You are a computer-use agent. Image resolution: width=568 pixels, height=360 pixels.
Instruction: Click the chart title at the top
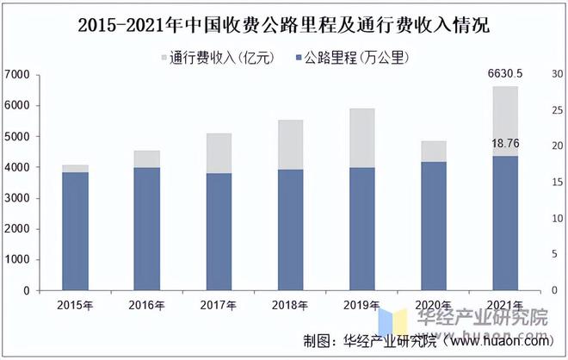pyautogui.click(x=283, y=25)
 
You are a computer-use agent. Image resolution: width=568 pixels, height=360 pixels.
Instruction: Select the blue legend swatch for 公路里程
pyautogui.click(x=299, y=59)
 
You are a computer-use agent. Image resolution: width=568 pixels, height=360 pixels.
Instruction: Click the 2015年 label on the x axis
pyautogui.click(x=75, y=305)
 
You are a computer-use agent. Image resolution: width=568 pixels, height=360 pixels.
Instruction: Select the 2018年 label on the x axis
pyautogui.click(x=290, y=305)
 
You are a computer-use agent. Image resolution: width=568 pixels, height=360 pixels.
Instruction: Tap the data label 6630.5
pyautogui.click(x=506, y=76)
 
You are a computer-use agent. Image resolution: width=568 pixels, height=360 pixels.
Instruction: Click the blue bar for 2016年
pyautogui.click(x=147, y=228)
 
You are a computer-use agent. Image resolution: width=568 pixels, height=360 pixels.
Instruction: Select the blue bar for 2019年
pyautogui.click(x=362, y=228)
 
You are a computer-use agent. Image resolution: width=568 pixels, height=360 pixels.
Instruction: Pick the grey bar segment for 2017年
pyautogui.click(x=219, y=153)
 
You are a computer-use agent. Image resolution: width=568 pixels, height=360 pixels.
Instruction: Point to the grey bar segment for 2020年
pyautogui.click(x=434, y=151)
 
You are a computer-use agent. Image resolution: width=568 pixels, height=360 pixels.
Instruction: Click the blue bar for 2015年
pyautogui.click(x=75, y=231)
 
